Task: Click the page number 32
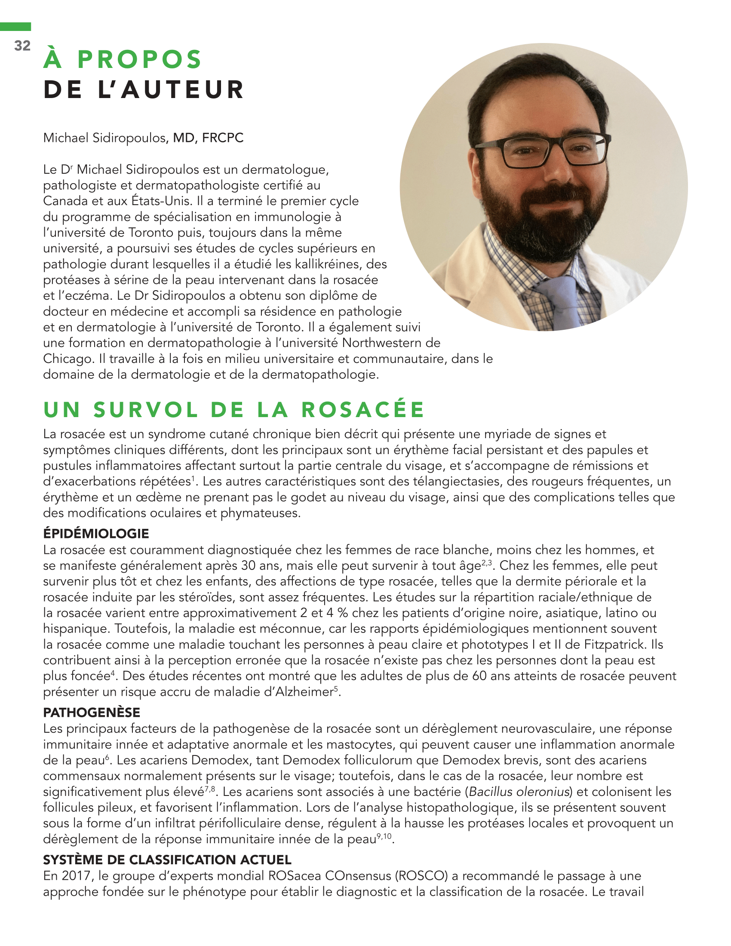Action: point(22,46)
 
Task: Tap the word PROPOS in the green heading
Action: point(139,60)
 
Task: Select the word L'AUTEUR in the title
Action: point(171,90)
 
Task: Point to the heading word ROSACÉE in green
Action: point(362,410)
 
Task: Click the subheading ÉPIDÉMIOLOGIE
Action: point(96,534)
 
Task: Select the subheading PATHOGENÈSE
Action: point(91,713)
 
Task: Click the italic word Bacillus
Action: point(490,792)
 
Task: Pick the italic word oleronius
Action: point(543,792)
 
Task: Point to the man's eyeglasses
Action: point(544,152)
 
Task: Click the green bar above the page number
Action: point(15,27)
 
